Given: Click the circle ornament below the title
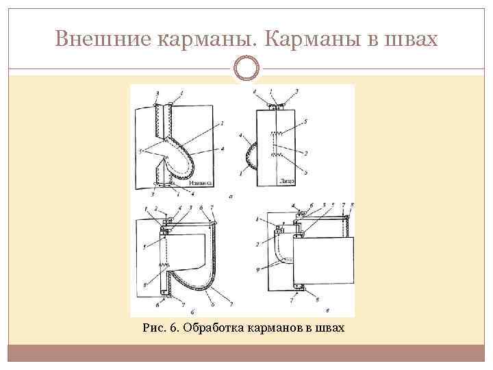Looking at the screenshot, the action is [x=246, y=68].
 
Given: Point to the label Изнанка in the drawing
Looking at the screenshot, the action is [x=199, y=183].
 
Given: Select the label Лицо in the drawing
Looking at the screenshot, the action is [x=286, y=182].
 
